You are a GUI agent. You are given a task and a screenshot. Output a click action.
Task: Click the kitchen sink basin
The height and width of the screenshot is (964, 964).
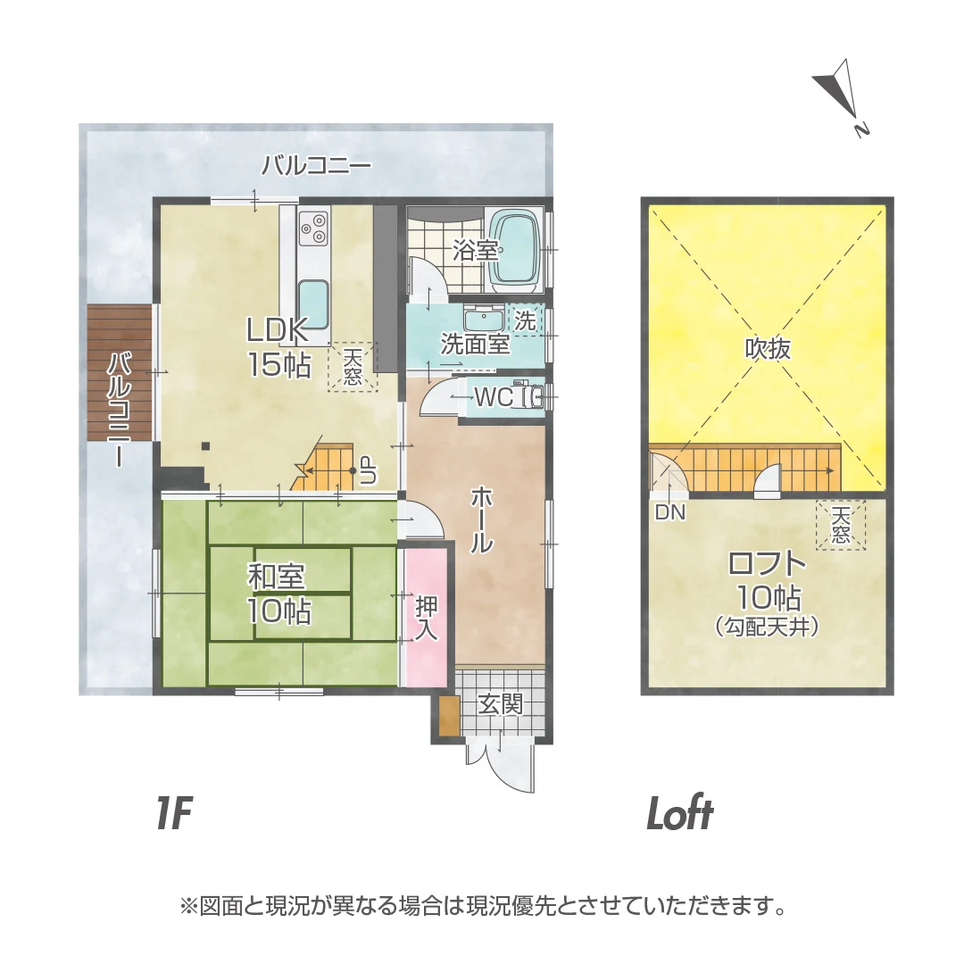[313, 305]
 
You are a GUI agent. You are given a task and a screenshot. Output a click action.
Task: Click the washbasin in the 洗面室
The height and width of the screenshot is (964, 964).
[484, 319]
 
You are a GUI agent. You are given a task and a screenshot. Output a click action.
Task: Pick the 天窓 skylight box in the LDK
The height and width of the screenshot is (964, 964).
[353, 367]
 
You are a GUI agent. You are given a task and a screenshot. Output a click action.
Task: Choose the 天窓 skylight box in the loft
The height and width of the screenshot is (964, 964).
[841, 525]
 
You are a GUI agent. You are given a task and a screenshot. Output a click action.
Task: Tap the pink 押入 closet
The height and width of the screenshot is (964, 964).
[426, 617]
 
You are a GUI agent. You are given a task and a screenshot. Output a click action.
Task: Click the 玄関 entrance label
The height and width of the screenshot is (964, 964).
[501, 704]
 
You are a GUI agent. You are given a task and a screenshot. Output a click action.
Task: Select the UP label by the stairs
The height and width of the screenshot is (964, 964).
[369, 471]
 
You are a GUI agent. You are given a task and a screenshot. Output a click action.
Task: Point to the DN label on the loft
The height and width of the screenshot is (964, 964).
[670, 512]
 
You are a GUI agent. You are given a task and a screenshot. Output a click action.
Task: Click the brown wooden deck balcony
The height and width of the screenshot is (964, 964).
[120, 372]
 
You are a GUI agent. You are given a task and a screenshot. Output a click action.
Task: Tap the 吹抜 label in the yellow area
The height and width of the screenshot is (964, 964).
[768, 349]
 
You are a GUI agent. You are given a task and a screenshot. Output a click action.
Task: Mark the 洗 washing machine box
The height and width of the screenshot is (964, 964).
[525, 320]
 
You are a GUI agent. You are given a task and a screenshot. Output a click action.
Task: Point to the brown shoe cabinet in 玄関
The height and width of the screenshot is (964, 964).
[450, 715]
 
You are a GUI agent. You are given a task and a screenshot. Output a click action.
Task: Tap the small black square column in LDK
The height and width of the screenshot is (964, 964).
[206, 446]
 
